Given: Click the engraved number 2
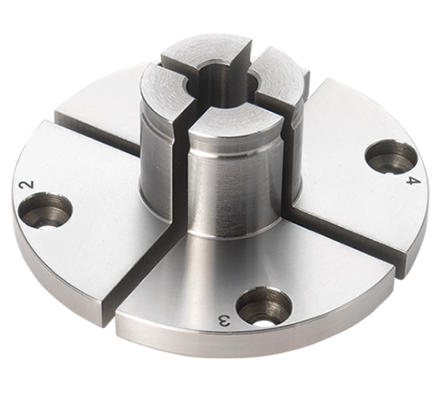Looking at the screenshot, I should click(27, 186).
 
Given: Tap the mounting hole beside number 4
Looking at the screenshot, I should click(391, 157).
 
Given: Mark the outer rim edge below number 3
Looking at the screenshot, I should click(229, 347).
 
